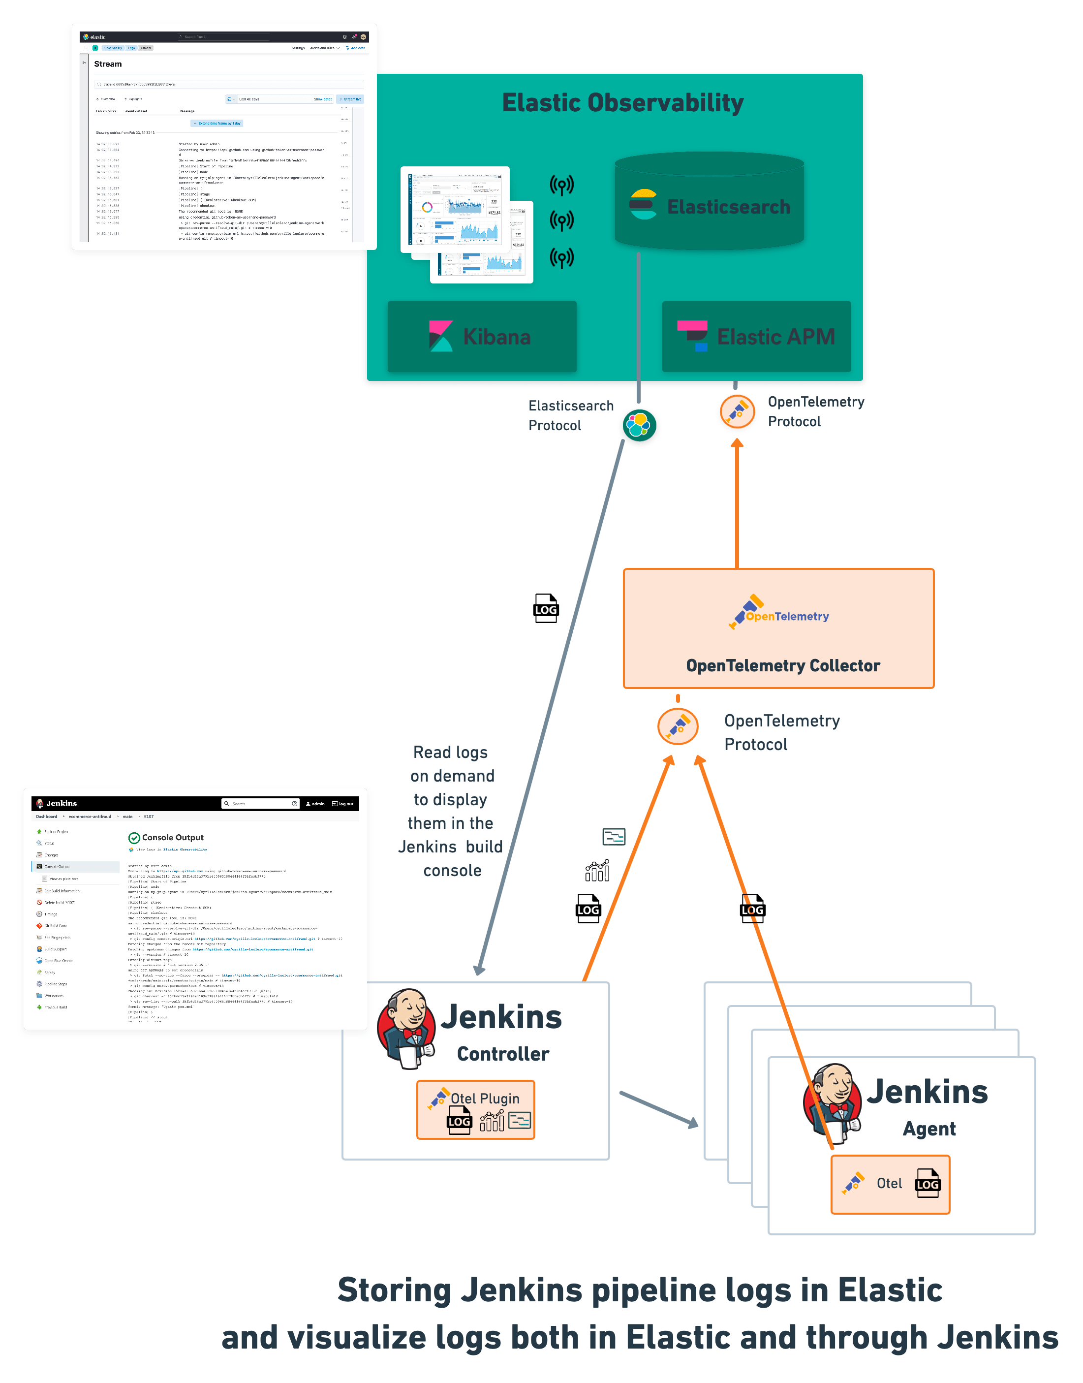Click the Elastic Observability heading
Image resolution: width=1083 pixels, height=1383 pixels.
pyautogui.click(x=622, y=103)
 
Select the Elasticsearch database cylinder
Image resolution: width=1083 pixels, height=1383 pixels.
pyautogui.click(x=709, y=202)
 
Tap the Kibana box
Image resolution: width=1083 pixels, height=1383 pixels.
pyautogui.click(x=482, y=337)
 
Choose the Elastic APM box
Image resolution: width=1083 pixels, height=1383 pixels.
pyautogui.click(x=756, y=337)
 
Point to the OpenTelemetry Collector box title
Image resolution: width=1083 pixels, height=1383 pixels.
pyautogui.click(x=782, y=666)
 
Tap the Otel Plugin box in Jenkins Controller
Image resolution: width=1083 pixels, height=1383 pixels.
pyautogui.click(x=475, y=1110)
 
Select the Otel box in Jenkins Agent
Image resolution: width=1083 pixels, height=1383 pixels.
pyautogui.click(x=890, y=1184)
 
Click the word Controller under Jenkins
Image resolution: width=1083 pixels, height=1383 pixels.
pyautogui.click(x=503, y=1054)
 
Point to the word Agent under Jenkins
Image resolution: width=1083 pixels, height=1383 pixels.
pyautogui.click(x=929, y=1129)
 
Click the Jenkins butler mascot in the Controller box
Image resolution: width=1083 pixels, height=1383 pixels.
pyautogui.click(x=406, y=1029)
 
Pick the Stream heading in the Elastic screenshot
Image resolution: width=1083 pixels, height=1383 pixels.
pyautogui.click(x=108, y=64)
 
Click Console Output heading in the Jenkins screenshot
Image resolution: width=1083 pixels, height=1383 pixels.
pyautogui.click(x=173, y=838)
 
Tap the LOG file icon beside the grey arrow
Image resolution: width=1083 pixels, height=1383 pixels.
pyautogui.click(x=545, y=609)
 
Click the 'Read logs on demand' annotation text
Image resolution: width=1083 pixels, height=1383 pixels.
pyautogui.click(x=451, y=811)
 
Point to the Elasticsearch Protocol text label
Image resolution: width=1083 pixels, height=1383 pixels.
pyautogui.click(x=571, y=415)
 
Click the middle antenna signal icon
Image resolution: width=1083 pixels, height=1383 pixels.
pyautogui.click(x=561, y=220)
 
